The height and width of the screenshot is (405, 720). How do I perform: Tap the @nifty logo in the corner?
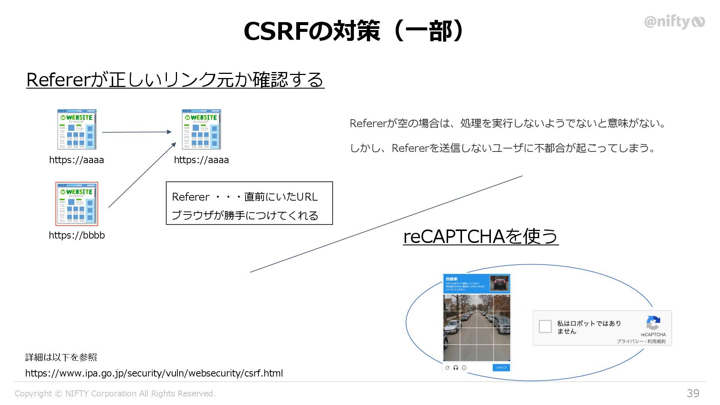(674, 22)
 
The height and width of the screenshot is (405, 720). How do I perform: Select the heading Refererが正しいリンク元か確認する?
(175, 80)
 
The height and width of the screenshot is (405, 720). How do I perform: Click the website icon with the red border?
(77, 204)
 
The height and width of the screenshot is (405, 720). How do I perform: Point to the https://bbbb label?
(77, 235)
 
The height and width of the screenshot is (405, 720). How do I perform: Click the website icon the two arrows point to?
(201, 129)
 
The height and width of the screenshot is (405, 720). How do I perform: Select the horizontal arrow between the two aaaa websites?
(136, 132)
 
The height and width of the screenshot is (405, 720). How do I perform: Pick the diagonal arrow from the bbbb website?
(142, 175)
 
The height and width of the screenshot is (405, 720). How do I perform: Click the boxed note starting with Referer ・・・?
(249, 203)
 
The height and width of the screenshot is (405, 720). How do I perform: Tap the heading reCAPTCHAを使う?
(481, 236)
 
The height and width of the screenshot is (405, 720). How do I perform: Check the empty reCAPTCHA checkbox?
(545, 326)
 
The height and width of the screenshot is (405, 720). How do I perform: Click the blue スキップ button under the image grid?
(501, 367)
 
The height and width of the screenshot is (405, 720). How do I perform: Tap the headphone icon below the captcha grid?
(456, 368)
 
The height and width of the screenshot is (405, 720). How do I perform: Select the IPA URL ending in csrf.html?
(154, 373)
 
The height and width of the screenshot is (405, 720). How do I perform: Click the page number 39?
(693, 393)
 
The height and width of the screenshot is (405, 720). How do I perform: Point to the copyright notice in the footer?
(115, 393)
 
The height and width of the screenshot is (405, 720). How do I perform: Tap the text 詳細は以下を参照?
(61, 357)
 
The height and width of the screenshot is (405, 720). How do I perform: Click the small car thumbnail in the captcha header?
(499, 283)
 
